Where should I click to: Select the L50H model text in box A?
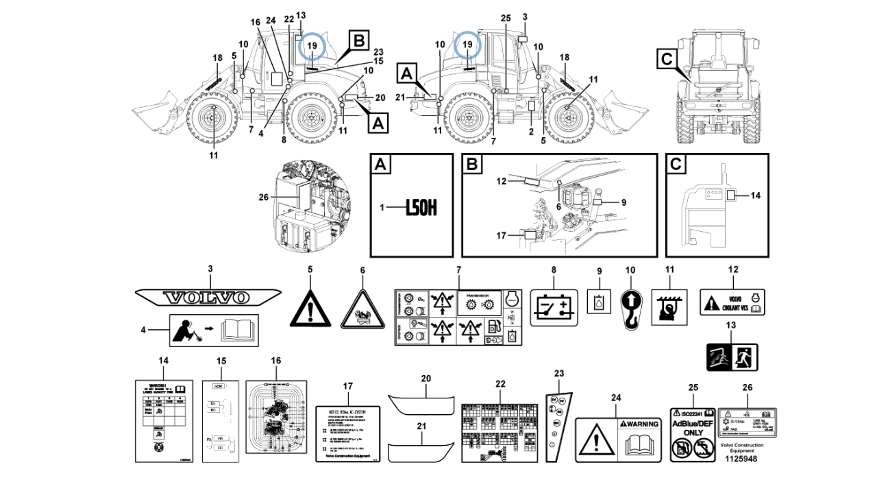[x=421, y=206]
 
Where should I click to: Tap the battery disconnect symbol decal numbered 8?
[x=554, y=306]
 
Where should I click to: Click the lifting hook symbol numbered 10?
[x=630, y=309]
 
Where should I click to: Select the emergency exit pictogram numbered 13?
[x=732, y=357]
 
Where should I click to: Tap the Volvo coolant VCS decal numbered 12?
[x=732, y=301]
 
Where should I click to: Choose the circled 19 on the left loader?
[x=312, y=45]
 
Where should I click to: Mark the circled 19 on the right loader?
[x=468, y=45]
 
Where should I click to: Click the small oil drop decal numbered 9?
[x=599, y=301]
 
